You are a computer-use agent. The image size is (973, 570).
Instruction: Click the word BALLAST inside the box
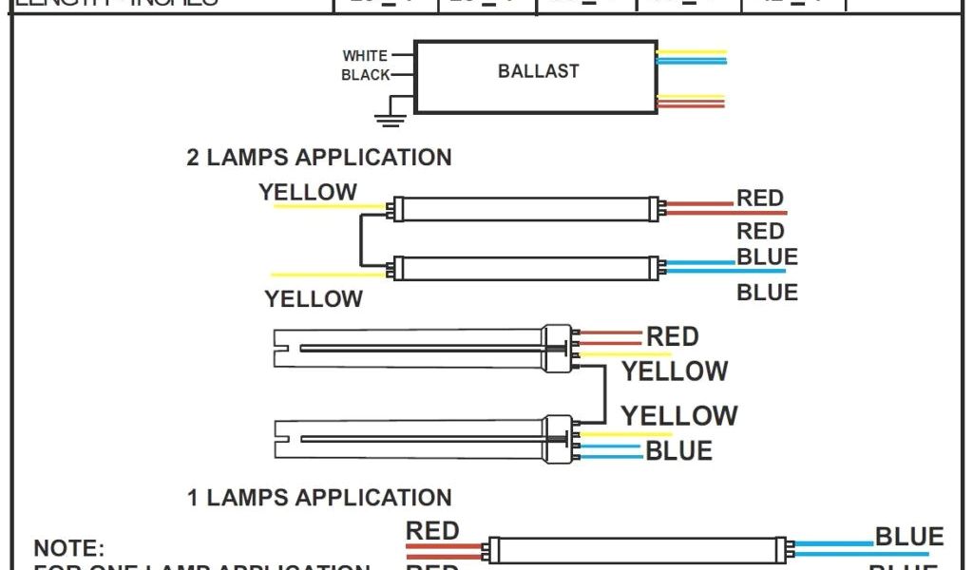[x=538, y=71]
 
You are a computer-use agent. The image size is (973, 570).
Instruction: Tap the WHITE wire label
[x=365, y=56]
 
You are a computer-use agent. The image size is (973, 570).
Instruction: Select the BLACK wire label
[x=365, y=75]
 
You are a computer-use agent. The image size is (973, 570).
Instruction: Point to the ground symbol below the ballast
[x=388, y=120]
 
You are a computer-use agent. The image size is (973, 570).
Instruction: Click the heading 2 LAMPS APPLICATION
[x=318, y=158]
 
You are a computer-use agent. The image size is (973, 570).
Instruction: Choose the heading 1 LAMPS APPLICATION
[x=318, y=497]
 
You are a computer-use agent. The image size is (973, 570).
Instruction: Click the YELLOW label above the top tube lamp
[x=308, y=193]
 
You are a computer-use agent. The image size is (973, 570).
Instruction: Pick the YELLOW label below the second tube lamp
[x=314, y=299]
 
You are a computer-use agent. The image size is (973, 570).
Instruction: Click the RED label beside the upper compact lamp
[x=672, y=336]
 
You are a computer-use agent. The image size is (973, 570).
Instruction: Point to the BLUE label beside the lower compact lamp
[x=678, y=450]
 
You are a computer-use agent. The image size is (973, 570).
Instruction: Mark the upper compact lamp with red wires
[x=418, y=348]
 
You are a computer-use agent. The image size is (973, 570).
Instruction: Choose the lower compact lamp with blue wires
[x=418, y=439]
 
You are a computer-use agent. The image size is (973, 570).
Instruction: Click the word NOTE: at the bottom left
[x=68, y=549]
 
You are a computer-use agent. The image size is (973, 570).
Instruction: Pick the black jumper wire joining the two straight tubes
[x=360, y=240]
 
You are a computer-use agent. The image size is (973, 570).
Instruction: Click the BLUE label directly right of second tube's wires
[x=767, y=257]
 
